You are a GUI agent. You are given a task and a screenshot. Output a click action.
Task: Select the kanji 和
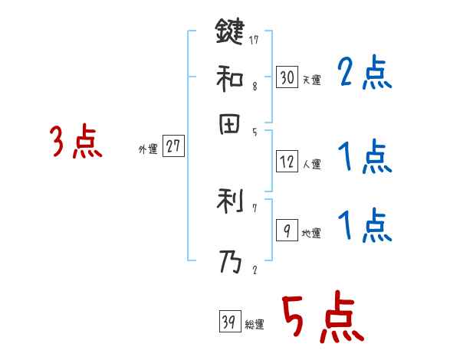pos(229,78)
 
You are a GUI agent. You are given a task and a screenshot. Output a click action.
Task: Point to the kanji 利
pos(229,202)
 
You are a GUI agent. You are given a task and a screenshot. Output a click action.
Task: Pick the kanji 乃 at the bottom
pos(229,263)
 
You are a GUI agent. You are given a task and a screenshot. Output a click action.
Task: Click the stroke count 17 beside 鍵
pos(254,39)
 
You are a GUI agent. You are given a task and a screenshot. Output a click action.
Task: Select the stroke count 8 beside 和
pos(254,87)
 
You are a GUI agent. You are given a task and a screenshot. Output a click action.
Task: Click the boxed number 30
pos(287,77)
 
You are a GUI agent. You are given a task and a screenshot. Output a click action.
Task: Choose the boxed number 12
pos(287,162)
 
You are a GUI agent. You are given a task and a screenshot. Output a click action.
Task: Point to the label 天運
pos(311,80)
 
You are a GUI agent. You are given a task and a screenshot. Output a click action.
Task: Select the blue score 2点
pos(364,74)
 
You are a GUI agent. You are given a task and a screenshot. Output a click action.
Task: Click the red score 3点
pos(76,143)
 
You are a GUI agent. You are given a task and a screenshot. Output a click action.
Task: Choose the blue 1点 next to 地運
pos(364,226)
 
